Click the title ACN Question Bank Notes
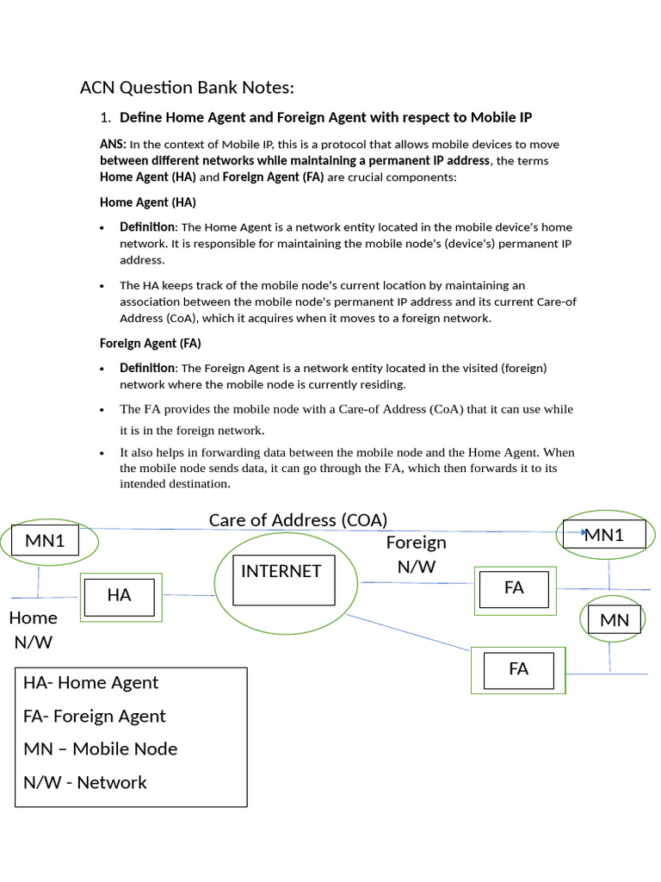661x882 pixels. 187,88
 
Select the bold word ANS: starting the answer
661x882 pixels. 113,145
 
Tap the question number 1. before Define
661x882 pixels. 107,117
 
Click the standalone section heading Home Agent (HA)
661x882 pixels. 148,202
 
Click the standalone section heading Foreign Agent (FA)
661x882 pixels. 151,343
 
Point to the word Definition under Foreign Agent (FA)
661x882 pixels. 147,368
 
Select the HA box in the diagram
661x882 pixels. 119,595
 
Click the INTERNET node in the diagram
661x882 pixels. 281,572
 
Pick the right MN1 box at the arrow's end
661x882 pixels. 603,535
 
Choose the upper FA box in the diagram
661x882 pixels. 514,588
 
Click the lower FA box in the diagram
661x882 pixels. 518,669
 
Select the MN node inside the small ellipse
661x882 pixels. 615,620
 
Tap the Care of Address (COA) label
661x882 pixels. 298,520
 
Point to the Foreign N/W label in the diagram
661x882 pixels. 417,554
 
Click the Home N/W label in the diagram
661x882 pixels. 34,630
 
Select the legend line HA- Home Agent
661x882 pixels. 91,683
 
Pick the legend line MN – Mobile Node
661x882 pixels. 101,749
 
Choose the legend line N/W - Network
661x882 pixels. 85,783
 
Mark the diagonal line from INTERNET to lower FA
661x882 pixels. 413,632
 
